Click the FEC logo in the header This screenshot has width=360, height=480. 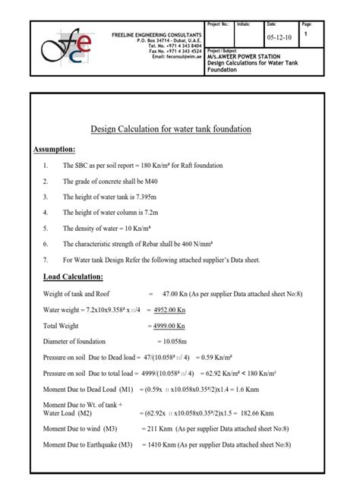coord(68,47)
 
